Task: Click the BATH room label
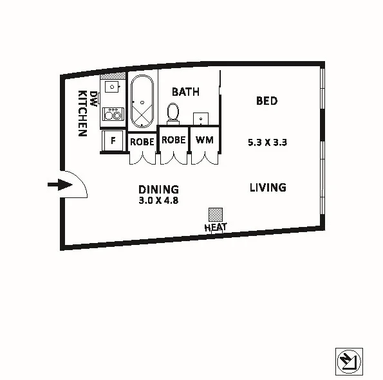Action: tap(185, 93)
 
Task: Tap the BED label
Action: tap(266, 101)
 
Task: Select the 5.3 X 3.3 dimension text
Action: tap(267, 143)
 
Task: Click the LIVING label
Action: tap(268, 188)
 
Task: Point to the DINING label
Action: tap(159, 190)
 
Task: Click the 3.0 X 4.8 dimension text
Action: tap(158, 200)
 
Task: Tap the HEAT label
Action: tap(215, 227)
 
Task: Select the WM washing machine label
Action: tap(204, 140)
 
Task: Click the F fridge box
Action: tap(113, 141)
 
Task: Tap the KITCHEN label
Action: tap(82, 113)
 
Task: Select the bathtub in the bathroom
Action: tap(142, 102)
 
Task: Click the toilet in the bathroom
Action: tap(173, 113)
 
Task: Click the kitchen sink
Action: tap(113, 86)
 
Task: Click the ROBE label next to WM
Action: tap(173, 140)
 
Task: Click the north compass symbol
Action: tap(350, 361)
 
